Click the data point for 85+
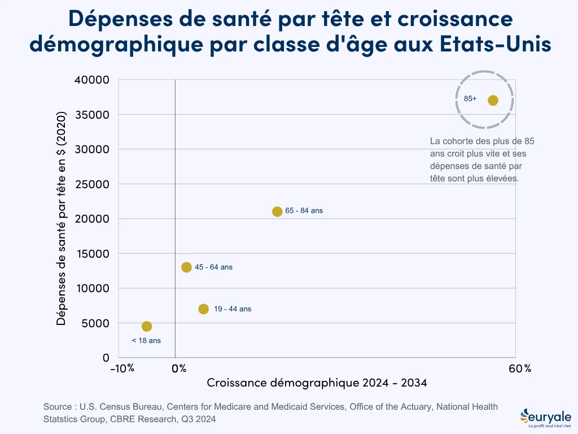pyautogui.click(x=493, y=101)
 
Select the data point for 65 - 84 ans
pyautogui.click(x=277, y=212)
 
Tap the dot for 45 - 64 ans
pyautogui.click(x=187, y=267)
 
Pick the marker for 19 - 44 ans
pyautogui.click(x=204, y=309)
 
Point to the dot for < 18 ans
pyautogui.click(x=147, y=327)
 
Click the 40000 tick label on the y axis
pyautogui.click(x=92, y=80)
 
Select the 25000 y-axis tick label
pyautogui.click(x=92, y=184)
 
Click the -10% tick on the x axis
pyautogui.click(x=122, y=368)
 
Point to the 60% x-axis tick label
pyautogui.click(x=520, y=368)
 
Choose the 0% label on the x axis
pyautogui.click(x=179, y=368)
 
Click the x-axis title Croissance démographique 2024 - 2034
pyautogui.click(x=317, y=383)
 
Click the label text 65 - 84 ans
pyautogui.click(x=304, y=211)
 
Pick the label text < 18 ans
pyautogui.click(x=146, y=341)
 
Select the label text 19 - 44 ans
pyautogui.click(x=233, y=309)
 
